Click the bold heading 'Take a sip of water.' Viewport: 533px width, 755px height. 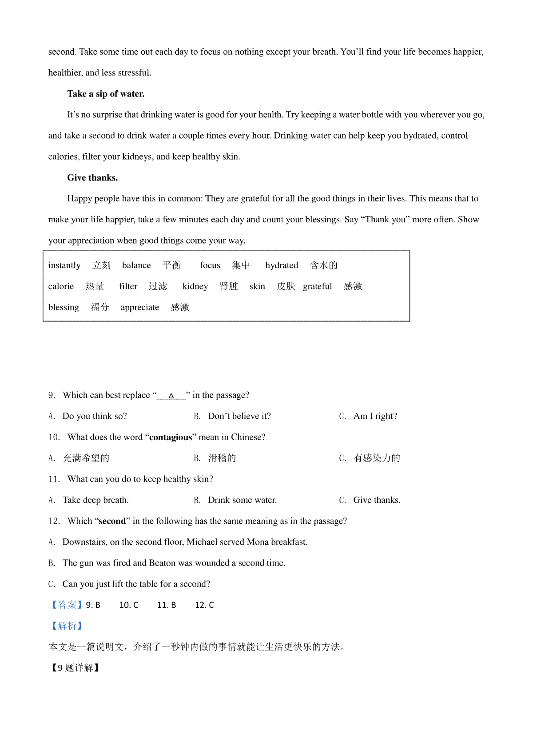[x=106, y=94]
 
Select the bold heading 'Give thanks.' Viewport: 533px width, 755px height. [x=92, y=178]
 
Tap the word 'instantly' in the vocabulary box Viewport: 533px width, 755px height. [x=64, y=265]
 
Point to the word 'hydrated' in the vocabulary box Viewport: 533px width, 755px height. [x=282, y=265]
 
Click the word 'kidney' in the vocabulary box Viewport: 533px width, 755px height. [x=195, y=286]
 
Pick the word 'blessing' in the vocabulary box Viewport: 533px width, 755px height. [x=64, y=307]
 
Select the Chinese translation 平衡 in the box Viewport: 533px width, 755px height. [x=171, y=265]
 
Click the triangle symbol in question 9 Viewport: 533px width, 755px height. [x=171, y=396]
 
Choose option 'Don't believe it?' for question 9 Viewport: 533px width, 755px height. [x=239, y=416]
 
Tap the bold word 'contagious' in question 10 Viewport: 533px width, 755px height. [x=171, y=438]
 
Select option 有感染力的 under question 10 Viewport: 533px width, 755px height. [x=377, y=458]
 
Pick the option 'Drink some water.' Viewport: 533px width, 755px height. [x=242, y=500]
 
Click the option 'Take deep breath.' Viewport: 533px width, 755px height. [x=95, y=500]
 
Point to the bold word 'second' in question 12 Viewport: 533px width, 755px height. [x=112, y=521]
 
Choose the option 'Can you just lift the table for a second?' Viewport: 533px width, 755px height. [x=136, y=584]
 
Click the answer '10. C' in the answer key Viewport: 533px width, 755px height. [x=129, y=605]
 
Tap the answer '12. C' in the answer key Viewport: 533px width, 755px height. [x=204, y=605]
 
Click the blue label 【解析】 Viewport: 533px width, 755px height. [x=67, y=626]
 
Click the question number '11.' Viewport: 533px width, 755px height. [x=54, y=479]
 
